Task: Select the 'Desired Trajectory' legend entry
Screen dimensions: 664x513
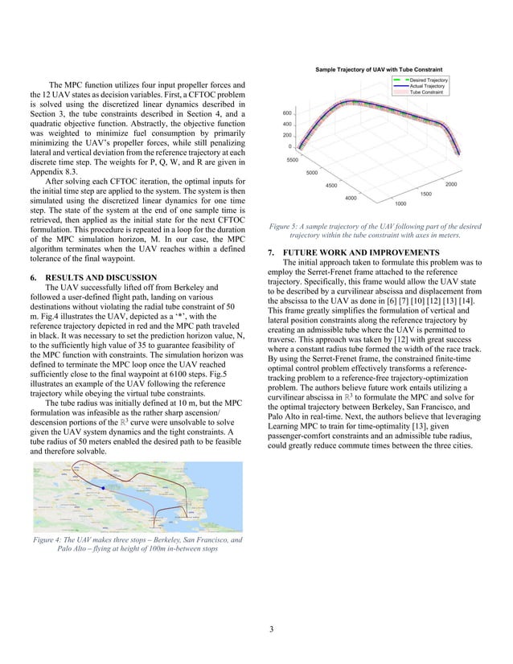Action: tap(429, 80)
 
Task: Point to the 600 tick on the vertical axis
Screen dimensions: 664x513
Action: tap(286, 113)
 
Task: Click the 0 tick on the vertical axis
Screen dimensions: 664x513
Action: tap(289, 146)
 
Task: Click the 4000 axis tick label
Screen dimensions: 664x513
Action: tap(351, 198)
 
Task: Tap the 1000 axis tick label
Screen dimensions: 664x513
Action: tap(400, 203)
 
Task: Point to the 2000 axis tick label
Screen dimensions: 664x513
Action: tap(450, 185)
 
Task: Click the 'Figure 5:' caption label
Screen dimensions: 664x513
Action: tap(288, 227)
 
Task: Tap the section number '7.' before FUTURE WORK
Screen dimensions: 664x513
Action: tap(271, 252)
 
